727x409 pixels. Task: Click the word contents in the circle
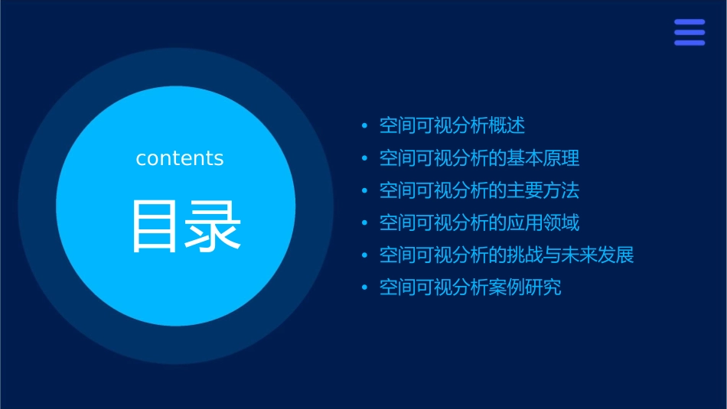pyautogui.click(x=180, y=158)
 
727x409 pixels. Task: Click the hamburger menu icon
pyautogui.click(x=690, y=33)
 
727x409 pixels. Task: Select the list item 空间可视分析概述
pyautogui.click(x=452, y=126)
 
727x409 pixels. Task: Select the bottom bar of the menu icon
pyautogui.click(x=690, y=43)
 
